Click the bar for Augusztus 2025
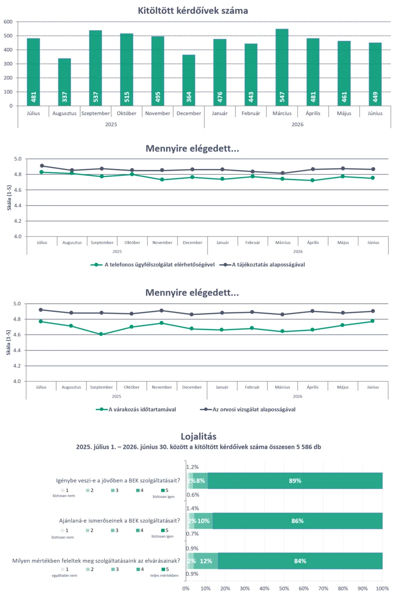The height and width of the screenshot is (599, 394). pyautogui.click(x=64, y=82)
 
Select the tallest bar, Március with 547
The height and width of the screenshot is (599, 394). pyautogui.click(x=282, y=68)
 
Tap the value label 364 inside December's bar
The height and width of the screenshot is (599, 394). pyautogui.click(x=189, y=97)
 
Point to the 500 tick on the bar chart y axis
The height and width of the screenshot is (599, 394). pyautogui.click(x=8, y=36)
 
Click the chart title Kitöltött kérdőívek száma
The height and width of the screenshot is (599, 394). pyautogui.click(x=193, y=11)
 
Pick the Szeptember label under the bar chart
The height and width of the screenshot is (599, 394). pyautogui.click(x=95, y=113)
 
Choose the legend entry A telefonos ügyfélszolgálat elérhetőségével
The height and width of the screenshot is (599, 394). pyautogui.click(x=153, y=265)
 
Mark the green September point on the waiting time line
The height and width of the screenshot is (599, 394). pyautogui.click(x=101, y=334)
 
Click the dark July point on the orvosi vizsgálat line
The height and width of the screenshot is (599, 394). pyautogui.click(x=41, y=310)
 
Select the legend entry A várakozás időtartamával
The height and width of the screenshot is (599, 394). pyautogui.click(x=136, y=409)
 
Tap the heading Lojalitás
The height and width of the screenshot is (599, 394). pyautogui.click(x=198, y=437)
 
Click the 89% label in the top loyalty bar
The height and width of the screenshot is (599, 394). pyautogui.click(x=295, y=481)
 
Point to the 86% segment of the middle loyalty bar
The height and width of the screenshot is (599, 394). pyautogui.click(x=297, y=521)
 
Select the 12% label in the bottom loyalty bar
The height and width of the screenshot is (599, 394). pyautogui.click(x=206, y=561)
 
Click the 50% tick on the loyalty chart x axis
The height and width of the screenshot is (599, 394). pyautogui.click(x=284, y=588)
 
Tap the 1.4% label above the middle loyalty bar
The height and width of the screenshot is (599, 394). pyautogui.click(x=192, y=508)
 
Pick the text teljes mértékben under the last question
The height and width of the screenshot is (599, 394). pyautogui.click(x=164, y=575)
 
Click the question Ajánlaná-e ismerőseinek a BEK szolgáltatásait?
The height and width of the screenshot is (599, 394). pyautogui.click(x=120, y=521)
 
